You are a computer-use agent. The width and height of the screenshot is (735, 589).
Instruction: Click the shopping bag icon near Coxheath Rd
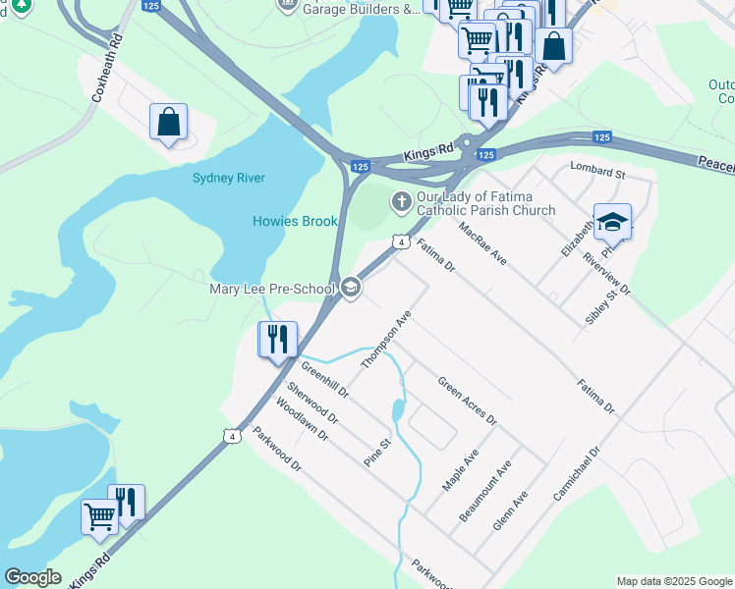[x=169, y=123]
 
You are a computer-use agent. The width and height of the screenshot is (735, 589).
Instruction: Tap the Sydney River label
[x=229, y=178]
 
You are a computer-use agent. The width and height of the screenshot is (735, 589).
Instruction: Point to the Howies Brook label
[x=295, y=221]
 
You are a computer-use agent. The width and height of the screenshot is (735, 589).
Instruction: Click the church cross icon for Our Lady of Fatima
[x=401, y=202]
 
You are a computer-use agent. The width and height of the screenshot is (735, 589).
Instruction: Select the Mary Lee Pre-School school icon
[x=351, y=288]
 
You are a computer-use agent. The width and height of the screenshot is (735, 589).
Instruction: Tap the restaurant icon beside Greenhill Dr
[x=277, y=340]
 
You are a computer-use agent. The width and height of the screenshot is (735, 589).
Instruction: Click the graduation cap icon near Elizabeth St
[x=612, y=223]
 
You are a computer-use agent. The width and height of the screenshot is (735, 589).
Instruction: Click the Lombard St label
[x=597, y=173]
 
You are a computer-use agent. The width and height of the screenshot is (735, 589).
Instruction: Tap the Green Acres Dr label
[x=467, y=402]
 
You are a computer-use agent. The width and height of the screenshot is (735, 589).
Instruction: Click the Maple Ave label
[x=460, y=470]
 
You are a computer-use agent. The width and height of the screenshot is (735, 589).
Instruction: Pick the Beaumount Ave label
[x=485, y=491]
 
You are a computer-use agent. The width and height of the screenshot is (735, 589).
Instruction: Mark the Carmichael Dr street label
[x=575, y=475]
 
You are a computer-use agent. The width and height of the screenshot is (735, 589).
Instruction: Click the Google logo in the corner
[x=33, y=577]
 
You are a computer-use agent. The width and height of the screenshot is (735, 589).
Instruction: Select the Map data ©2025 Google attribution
[x=673, y=581]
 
